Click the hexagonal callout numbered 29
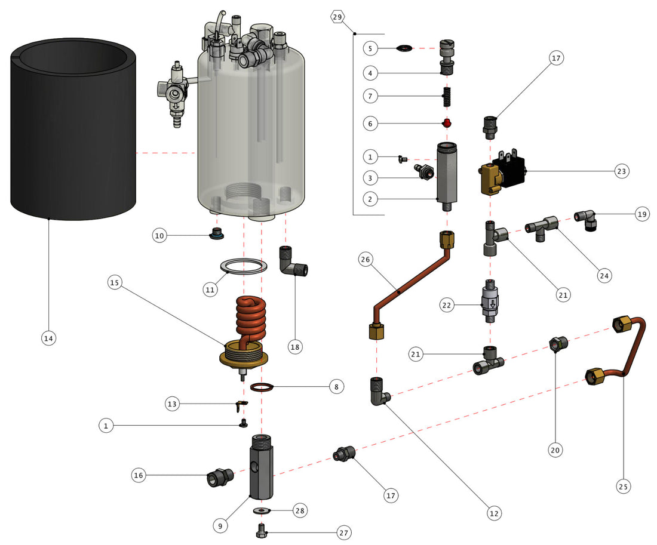[337, 17]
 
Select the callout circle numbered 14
[48, 338]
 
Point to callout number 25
[623, 487]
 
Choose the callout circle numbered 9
[220, 525]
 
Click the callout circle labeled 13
[173, 404]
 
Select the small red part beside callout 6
[445, 123]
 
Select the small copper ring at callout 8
[263, 387]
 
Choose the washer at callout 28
[262, 511]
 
